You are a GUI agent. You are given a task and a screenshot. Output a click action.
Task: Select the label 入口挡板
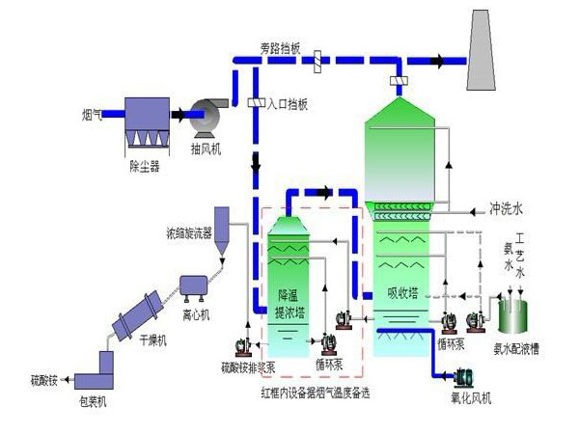[x=287, y=104]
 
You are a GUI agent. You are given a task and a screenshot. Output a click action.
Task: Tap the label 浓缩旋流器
[x=187, y=233]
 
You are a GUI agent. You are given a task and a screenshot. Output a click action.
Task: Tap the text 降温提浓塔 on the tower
[x=290, y=303]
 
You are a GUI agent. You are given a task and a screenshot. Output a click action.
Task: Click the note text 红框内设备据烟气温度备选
[x=318, y=393]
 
